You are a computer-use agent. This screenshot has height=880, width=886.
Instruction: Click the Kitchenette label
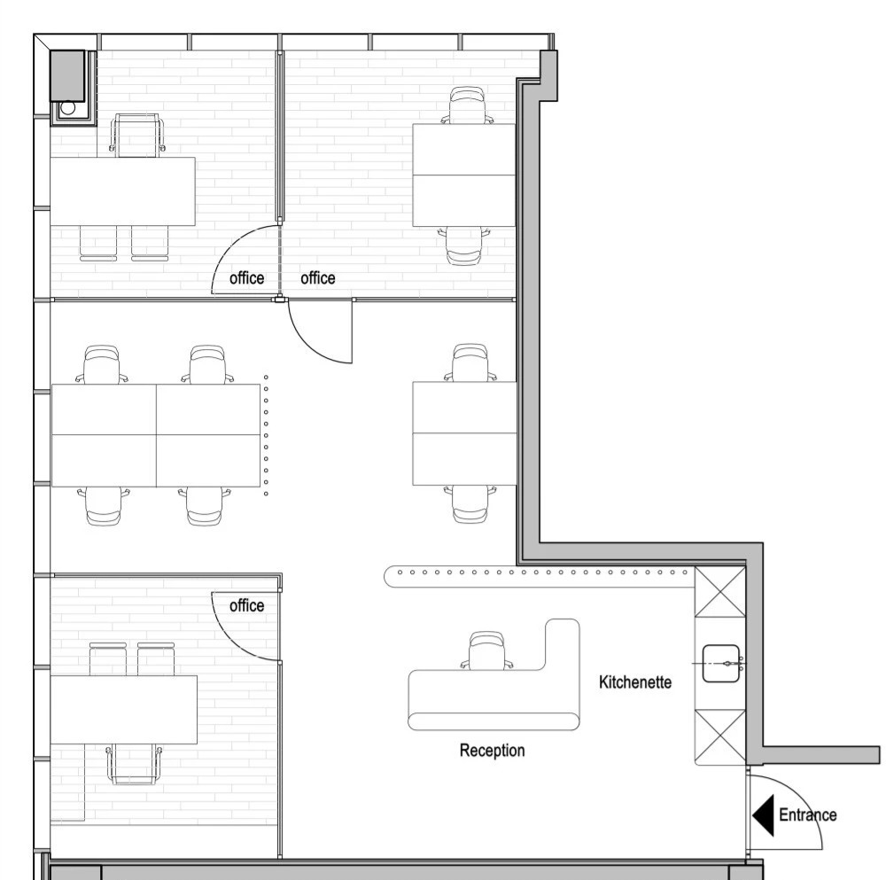click(635, 682)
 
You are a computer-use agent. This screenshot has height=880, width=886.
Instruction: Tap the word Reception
click(492, 751)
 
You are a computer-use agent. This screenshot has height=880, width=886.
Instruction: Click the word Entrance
click(807, 815)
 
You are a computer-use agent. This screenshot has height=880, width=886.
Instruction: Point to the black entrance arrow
click(764, 815)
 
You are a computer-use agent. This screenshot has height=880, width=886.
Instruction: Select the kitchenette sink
click(721, 664)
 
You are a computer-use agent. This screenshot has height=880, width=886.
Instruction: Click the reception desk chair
click(487, 650)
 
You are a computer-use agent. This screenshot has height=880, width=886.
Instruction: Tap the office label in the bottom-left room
click(247, 606)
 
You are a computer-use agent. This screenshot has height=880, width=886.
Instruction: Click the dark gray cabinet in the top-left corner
click(68, 75)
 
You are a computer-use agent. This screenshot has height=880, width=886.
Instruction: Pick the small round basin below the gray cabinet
click(68, 108)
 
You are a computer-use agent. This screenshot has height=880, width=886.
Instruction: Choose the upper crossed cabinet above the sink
click(719, 592)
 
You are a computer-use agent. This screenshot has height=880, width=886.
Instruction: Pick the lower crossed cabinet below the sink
click(719, 736)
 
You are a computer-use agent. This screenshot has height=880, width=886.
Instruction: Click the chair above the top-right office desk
click(467, 105)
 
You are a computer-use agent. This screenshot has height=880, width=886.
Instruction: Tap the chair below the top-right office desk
click(464, 245)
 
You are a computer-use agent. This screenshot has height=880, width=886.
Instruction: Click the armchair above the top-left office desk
click(138, 135)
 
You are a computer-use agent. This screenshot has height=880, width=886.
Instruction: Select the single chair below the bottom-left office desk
click(134, 764)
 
